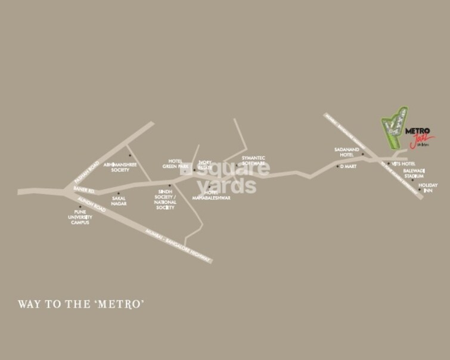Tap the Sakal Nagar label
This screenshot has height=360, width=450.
[x=119, y=201]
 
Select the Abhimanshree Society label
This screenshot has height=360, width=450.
[x=125, y=167]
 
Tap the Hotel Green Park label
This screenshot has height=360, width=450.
[x=175, y=164]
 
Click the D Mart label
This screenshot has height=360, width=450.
[x=348, y=166]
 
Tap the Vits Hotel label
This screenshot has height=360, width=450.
[x=403, y=163]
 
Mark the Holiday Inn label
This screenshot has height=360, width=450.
[x=427, y=188]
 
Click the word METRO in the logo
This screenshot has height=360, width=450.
[x=418, y=131]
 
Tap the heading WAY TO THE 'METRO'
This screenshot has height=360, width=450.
[x=82, y=304]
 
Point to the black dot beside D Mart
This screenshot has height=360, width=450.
[x=337, y=166]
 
